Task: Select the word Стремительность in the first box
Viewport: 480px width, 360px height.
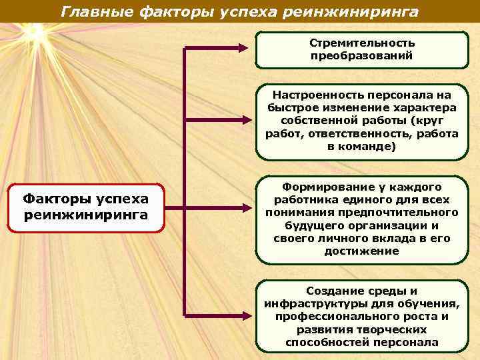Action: click(362, 43)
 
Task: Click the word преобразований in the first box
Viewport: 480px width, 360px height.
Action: click(362, 55)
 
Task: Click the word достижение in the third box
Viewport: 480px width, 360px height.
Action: click(361, 251)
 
